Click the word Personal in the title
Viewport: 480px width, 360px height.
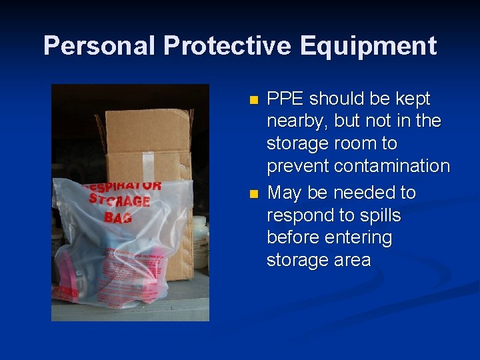99,46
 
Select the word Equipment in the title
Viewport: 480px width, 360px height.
368,46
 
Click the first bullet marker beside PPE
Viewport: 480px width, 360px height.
253,101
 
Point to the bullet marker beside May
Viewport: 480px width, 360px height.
253,195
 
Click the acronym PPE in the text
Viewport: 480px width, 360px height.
285,99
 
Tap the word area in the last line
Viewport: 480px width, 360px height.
351,260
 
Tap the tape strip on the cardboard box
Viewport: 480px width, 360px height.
165,161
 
